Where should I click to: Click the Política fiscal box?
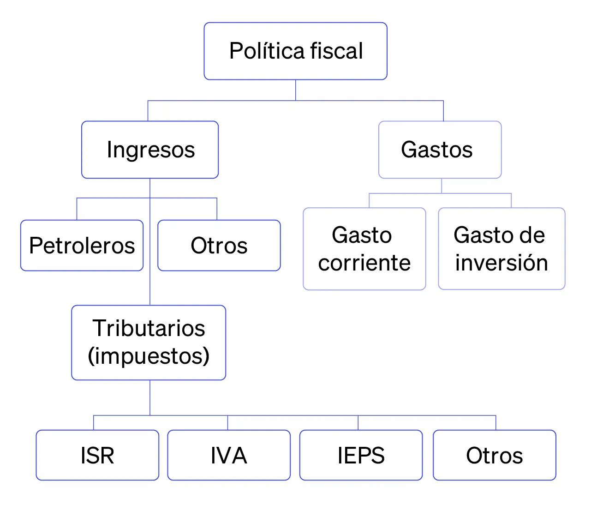pyautogui.click(x=295, y=51)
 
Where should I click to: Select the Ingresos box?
pyautogui.click(x=150, y=150)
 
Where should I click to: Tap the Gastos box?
pyautogui.click(x=440, y=150)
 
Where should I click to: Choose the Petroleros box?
pyautogui.click(x=82, y=245)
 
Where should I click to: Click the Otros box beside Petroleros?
pyautogui.click(x=219, y=245)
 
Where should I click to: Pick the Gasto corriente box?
pyautogui.click(x=364, y=249)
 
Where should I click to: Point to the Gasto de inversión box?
pyautogui.click(x=501, y=249)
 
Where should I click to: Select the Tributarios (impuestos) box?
pyautogui.click(x=149, y=343)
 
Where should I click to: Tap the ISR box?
pyautogui.click(x=97, y=455)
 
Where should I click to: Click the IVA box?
pyautogui.click(x=229, y=455)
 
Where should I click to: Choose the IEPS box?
pyautogui.click(x=361, y=455)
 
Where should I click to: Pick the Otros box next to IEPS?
pyautogui.click(x=494, y=455)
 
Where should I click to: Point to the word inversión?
pyautogui.click(x=501, y=263)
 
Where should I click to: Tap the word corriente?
pyautogui.click(x=364, y=263)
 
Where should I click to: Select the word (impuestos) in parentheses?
pyautogui.click(x=149, y=356)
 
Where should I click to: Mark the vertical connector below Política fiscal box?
pyautogui.click(x=296, y=90)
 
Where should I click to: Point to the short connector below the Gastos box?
pyautogui.click(x=442, y=186)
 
